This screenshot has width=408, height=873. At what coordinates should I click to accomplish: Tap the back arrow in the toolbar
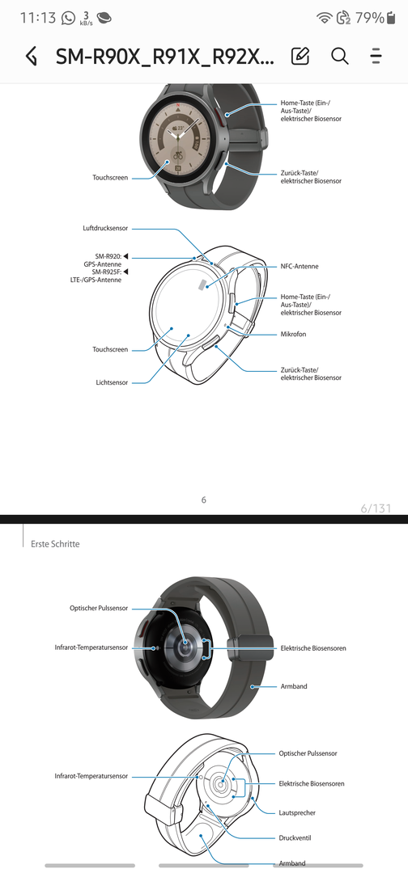pyautogui.click(x=32, y=57)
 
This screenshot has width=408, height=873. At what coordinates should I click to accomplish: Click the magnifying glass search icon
pyautogui.click(x=339, y=56)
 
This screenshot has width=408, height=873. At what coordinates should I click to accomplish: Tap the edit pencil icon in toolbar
pyautogui.click(x=300, y=56)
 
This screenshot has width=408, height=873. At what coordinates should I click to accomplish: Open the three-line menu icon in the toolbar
pyautogui.click(x=376, y=56)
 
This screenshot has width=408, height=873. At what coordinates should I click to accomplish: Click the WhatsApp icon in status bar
pyautogui.click(x=69, y=18)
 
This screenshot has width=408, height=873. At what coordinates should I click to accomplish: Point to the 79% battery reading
pyautogui.click(x=369, y=18)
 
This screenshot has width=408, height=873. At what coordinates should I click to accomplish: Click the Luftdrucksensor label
pyautogui.click(x=105, y=228)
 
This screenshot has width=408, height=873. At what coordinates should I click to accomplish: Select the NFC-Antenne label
pyautogui.click(x=300, y=267)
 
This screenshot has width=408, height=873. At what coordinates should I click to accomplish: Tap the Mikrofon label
pyautogui.click(x=293, y=334)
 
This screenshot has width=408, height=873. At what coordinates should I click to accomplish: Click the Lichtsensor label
pyautogui.click(x=112, y=382)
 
